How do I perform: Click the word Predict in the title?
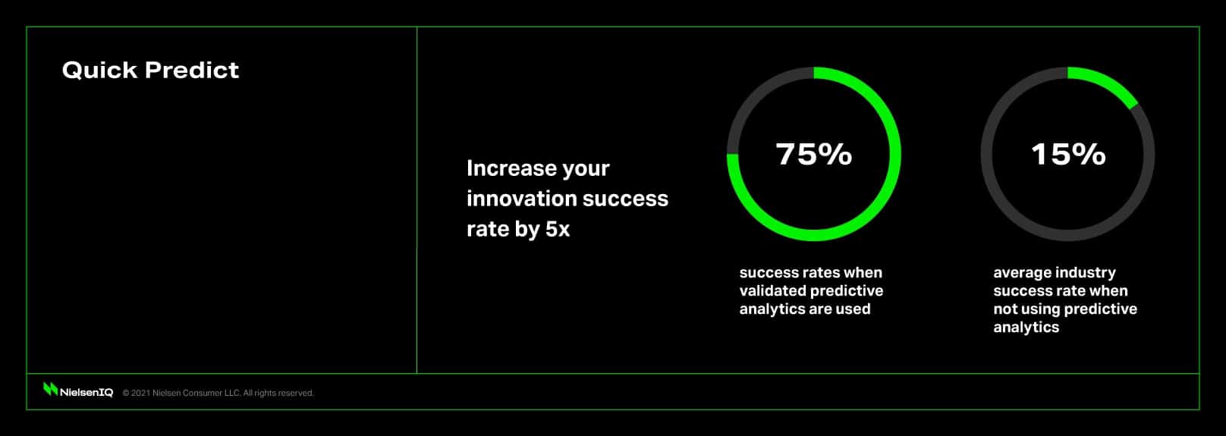click(x=191, y=70)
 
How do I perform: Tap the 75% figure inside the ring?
click(x=814, y=154)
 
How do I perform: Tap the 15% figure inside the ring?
click(x=1068, y=154)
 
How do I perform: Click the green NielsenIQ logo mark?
click(x=50, y=389)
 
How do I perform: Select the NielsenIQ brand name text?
click(x=86, y=393)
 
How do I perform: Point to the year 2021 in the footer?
click(x=140, y=393)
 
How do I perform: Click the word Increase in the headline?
click(x=504, y=168)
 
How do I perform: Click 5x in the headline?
click(x=557, y=229)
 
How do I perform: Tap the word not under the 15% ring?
click(x=1005, y=309)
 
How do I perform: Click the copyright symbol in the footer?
click(x=126, y=393)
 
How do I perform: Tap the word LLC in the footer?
click(x=231, y=393)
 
